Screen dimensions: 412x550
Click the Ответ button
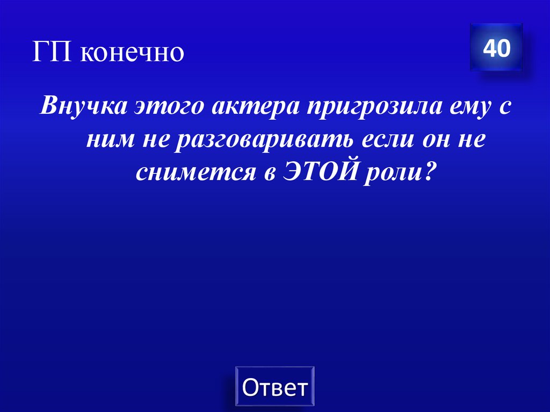coord(275,387)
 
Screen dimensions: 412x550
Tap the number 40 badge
coord(496,49)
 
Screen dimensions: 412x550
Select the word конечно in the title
coord(132,53)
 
